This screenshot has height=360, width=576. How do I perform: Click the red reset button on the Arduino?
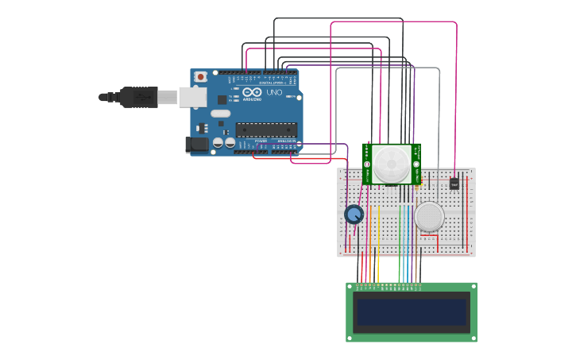pyautogui.click(x=200, y=76)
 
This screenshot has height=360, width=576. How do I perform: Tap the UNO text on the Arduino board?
pyautogui.click(x=273, y=92)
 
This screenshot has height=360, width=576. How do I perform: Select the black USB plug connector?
pyautogui.click(x=139, y=97)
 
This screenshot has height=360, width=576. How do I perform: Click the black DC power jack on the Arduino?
pyautogui.click(x=195, y=145)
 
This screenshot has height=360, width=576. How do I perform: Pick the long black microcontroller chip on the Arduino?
pyautogui.click(x=266, y=130)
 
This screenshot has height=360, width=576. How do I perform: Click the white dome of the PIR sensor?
pyautogui.click(x=392, y=163)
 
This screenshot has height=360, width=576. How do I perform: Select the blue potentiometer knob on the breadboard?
pyautogui.click(x=354, y=214)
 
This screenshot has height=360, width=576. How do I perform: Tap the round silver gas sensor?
pyautogui.click(x=429, y=216)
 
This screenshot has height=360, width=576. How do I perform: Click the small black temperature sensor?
pyautogui.click(x=454, y=183)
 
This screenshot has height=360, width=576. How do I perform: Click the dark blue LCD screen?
pyautogui.click(x=411, y=312)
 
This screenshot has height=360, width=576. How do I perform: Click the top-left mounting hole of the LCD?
pyautogui.click(x=350, y=287)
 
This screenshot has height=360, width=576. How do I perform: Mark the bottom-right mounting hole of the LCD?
pyautogui.click(x=472, y=337)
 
